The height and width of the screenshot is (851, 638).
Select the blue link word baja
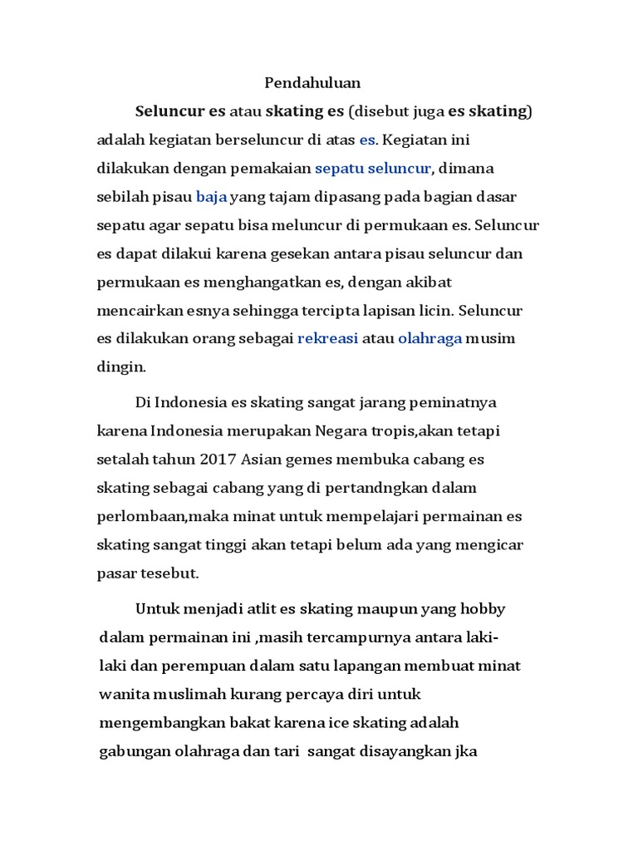pos(211,197)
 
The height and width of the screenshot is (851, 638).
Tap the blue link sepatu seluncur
pos(373,169)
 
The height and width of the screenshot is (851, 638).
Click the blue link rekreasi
pos(327,339)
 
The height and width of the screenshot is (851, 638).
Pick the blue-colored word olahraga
pos(429,339)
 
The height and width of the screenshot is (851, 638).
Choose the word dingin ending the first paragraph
pos(121,366)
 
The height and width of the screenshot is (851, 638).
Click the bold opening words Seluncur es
pos(180,111)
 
